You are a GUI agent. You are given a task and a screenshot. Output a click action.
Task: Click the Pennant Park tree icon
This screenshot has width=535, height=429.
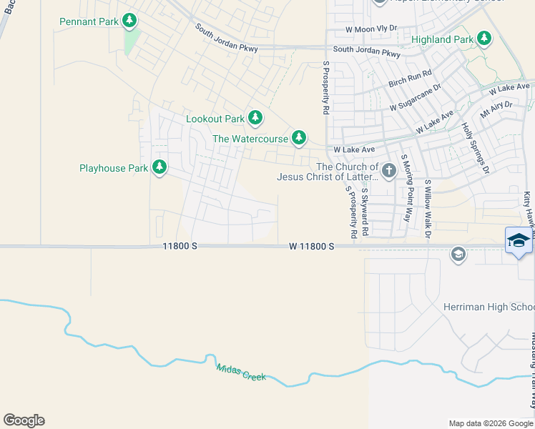point(129,21)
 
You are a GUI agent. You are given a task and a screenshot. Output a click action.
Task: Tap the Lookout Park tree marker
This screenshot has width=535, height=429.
point(255,118)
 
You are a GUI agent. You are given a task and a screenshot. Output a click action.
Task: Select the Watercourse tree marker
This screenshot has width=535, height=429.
point(299,138)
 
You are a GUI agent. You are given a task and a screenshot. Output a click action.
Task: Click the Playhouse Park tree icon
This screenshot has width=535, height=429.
point(159,168)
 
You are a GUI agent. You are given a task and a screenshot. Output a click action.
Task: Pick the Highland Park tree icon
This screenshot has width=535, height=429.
point(484,38)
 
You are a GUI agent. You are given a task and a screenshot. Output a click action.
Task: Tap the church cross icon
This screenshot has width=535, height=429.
point(388,170)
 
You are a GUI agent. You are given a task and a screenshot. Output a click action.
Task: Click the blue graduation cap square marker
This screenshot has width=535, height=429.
point(519,240)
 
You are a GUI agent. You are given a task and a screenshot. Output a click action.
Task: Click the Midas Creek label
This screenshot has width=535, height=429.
point(241,372)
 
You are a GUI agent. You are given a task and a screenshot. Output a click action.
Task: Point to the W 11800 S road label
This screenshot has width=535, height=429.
point(312,246)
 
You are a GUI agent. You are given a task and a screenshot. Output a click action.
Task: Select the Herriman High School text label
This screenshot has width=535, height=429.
point(499,307)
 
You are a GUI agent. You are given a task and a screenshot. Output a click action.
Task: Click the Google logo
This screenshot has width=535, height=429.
point(24,420)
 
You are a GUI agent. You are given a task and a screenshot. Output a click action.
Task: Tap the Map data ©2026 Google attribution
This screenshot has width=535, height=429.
point(491,423)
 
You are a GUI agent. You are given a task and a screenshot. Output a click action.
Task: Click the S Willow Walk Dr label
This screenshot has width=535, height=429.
point(428,209)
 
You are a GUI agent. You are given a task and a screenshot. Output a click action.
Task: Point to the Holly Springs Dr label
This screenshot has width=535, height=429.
point(474,149)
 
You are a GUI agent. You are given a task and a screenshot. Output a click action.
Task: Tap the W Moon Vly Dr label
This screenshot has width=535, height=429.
point(370,29)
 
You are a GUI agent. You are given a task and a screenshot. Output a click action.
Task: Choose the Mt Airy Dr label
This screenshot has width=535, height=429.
point(496,109)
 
